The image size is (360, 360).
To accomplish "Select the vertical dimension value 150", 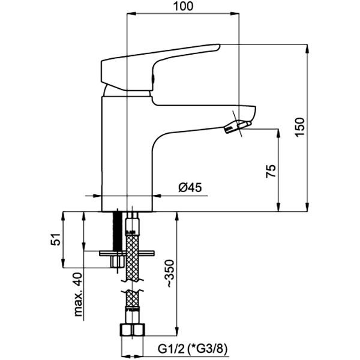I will [301, 128].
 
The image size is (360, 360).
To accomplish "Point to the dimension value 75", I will [271, 172].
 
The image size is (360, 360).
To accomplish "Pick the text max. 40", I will [77, 295].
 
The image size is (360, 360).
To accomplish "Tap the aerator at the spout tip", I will [237, 127].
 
